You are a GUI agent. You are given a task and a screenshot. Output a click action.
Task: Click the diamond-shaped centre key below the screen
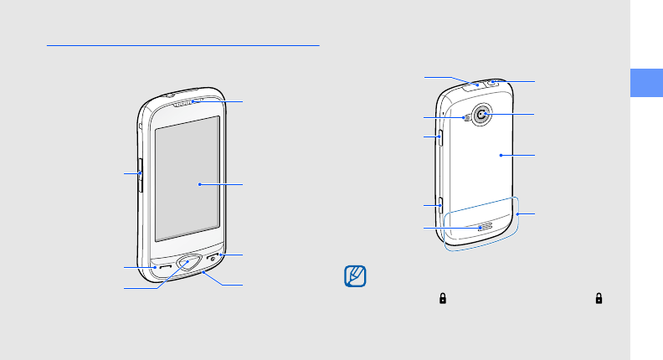coord(188,263)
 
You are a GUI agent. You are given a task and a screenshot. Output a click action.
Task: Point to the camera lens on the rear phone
coord(482,114)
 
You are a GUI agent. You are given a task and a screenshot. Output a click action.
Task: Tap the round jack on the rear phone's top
coord(492,83)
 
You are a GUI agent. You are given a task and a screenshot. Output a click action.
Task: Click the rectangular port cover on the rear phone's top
coord(474,84)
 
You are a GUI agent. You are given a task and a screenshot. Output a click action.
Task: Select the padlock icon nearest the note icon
coord(440,298)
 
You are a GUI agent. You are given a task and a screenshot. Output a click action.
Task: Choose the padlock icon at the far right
coord(599,298)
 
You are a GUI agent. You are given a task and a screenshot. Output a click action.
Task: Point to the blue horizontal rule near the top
coord(183,46)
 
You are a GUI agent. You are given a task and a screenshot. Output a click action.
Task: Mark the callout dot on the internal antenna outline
coord(519,214)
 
